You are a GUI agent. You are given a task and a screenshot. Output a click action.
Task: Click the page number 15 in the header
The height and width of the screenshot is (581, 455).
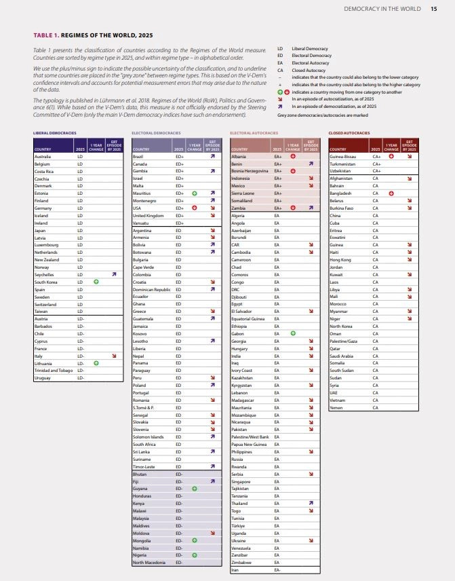click(x=433, y=9)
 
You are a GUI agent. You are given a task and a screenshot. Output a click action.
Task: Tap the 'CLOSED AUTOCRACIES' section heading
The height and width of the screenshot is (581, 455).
click(x=349, y=133)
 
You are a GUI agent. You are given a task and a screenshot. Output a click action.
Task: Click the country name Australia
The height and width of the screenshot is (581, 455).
click(x=43, y=157)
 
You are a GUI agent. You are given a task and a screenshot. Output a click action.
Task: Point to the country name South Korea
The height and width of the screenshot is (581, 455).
click(x=46, y=282)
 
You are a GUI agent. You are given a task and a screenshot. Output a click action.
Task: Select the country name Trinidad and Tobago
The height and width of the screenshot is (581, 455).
click(x=54, y=370)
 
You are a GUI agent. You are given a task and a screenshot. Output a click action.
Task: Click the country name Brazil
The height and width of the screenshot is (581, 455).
click(x=138, y=157)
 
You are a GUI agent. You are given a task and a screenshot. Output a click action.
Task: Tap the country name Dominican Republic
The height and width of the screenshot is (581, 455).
click(x=152, y=289)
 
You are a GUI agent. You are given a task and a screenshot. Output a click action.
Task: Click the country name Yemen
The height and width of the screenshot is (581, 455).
click(x=336, y=407)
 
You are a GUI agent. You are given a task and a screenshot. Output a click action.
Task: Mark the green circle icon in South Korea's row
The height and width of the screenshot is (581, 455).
click(x=96, y=282)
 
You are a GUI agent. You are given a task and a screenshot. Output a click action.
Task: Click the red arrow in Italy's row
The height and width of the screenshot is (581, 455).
click(x=114, y=355)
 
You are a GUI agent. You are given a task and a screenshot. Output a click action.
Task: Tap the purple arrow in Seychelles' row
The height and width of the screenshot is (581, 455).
click(x=114, y=274)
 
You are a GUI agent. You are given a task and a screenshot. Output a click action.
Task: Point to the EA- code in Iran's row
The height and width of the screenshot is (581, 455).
click(x=277, y=570)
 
